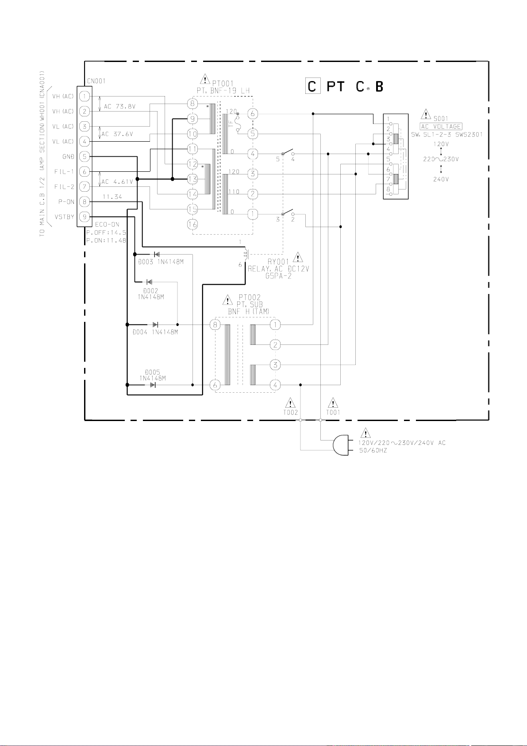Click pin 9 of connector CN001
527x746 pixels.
[85, 217]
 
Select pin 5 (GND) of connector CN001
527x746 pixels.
[85, 156]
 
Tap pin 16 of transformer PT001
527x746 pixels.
[192, 224]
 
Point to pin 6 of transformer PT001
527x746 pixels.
[253, 114]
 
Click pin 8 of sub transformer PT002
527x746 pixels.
[215, 325]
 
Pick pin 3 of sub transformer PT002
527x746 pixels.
[275, 365]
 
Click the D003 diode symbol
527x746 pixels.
[156, 255]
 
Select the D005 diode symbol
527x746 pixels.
[153, 385]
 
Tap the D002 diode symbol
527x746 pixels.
[150, 282]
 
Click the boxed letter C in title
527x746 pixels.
[312, 86]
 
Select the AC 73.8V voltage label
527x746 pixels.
[119, 107]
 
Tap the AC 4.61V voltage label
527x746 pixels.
[117, 182]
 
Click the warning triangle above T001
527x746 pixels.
[332, 403]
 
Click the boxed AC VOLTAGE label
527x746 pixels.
[441, 127]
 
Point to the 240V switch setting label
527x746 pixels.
[441, 179]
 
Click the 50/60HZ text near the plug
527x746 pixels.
[373, 451]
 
